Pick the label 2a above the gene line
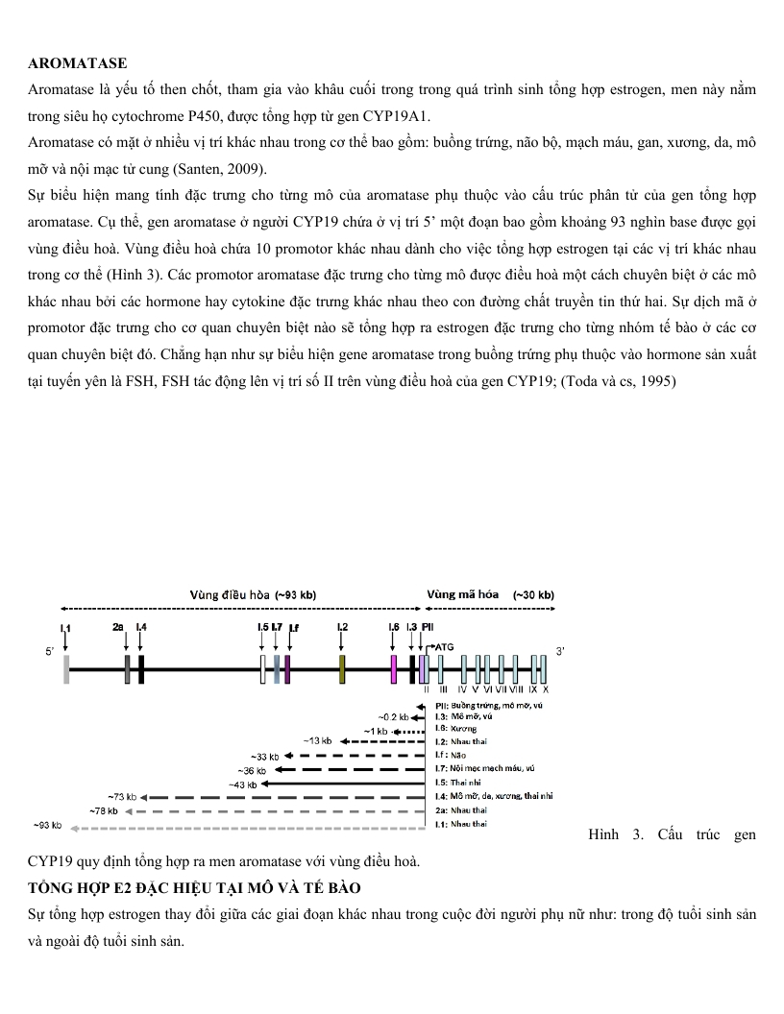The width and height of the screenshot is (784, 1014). coord(118,626)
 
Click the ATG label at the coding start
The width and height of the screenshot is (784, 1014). coord(444,647)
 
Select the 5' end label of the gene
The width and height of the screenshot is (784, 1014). coord(50,652)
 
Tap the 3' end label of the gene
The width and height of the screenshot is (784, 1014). coord(561,652)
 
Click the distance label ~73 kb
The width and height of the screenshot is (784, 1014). coord(124,797)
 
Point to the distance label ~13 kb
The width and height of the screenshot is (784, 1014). coord(318,740)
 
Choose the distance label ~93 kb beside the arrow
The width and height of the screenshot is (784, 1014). coord(48,825)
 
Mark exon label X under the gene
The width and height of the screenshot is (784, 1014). coord(546,688)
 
